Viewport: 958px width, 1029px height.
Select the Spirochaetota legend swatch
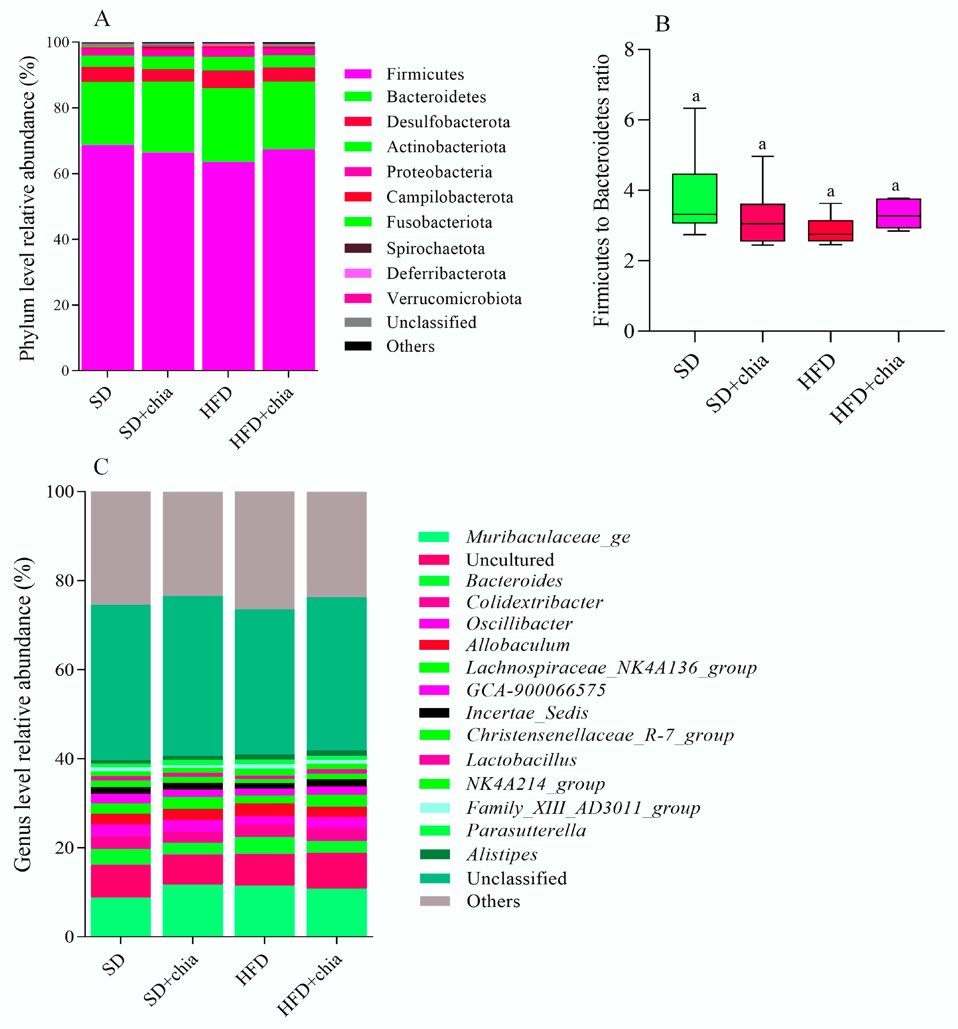tap(358, 249)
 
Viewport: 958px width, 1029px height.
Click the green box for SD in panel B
tap(694, 198)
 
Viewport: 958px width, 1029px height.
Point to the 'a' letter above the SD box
tap(696, 97)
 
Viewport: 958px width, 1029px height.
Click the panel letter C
tap(101, 466)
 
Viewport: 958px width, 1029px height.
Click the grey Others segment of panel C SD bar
tap(121, 548)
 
